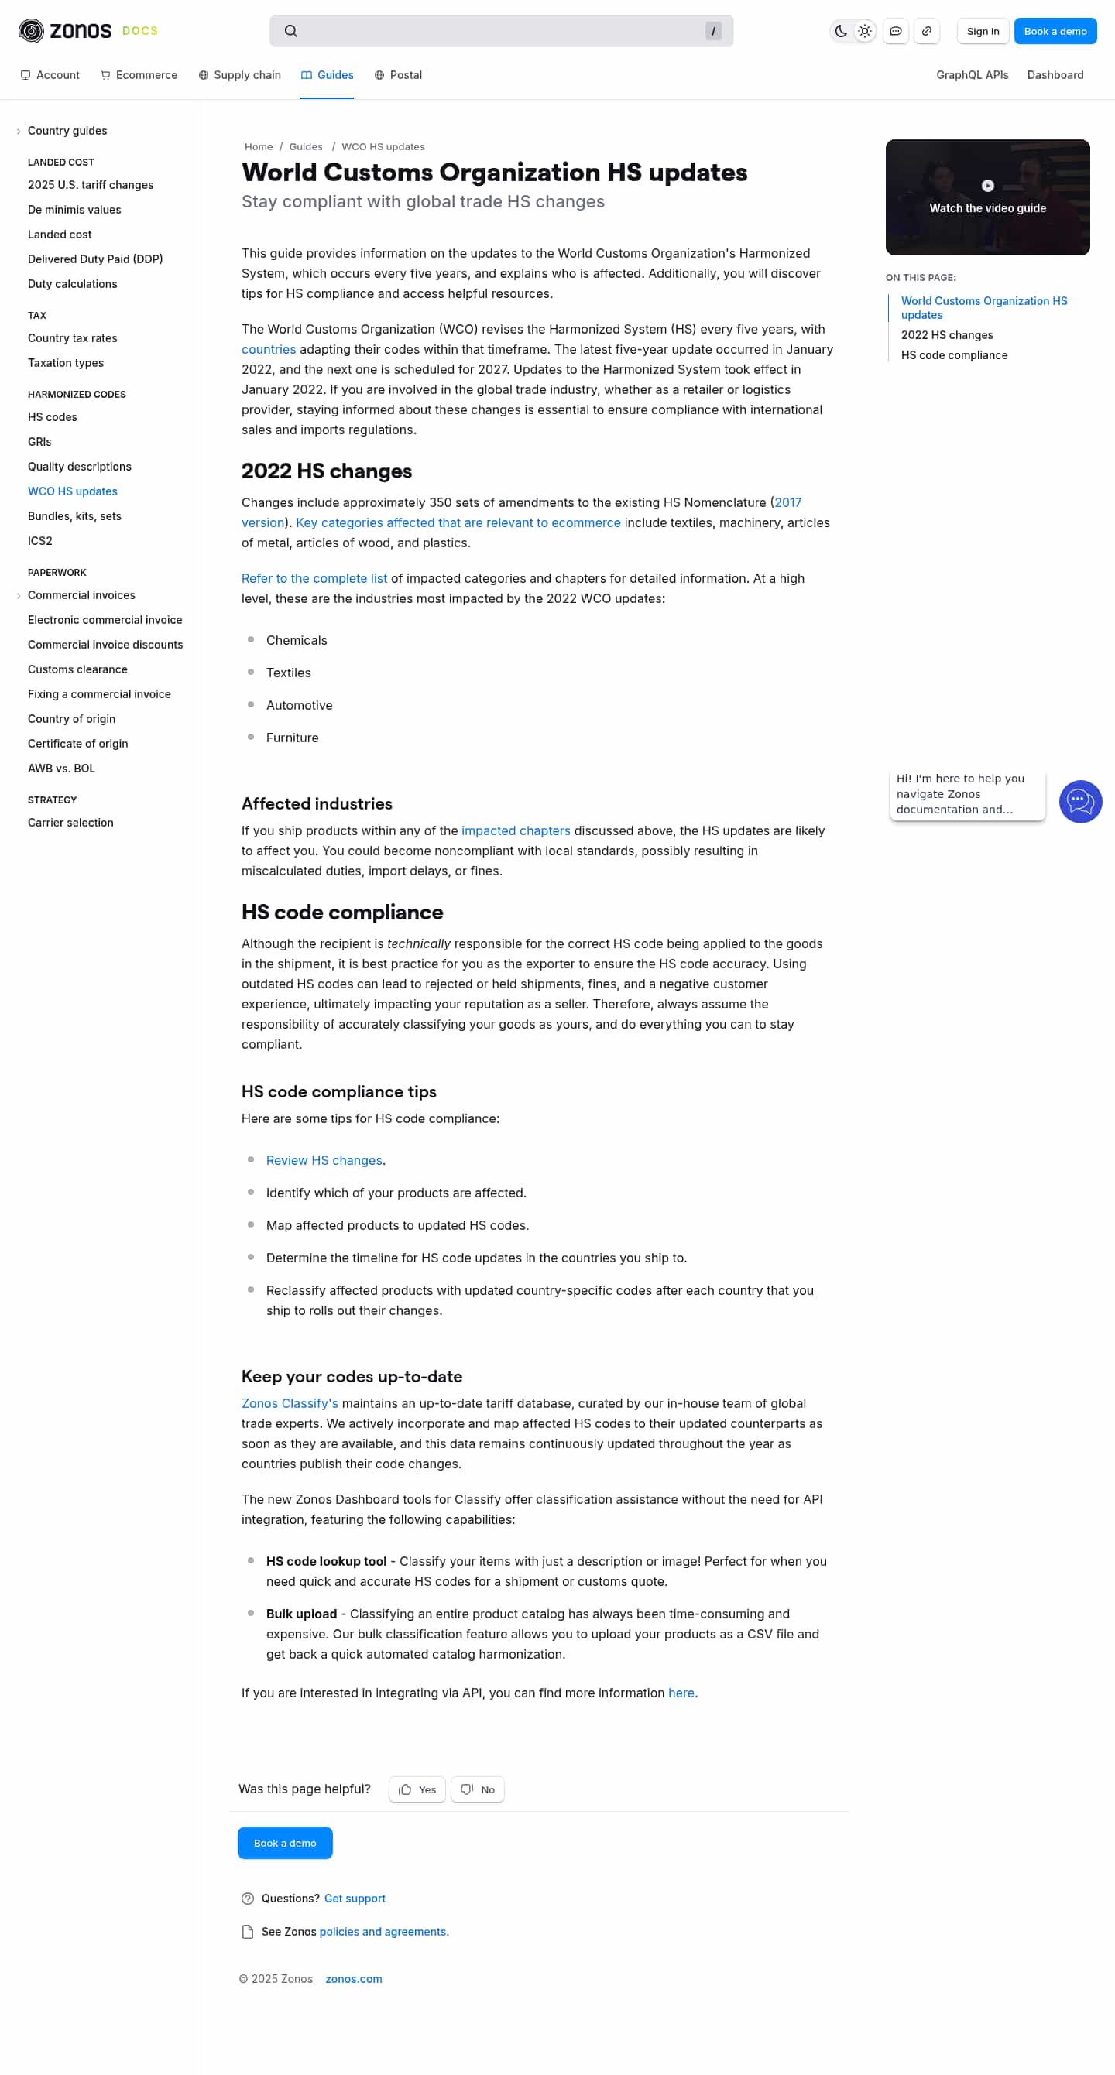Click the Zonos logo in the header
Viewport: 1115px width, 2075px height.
coord(65,32)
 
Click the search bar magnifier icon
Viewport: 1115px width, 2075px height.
coord(291,32)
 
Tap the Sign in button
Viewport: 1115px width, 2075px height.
coord(982,32)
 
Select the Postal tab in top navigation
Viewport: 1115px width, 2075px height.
coord(398,75)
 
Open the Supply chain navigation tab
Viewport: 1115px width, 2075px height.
coord(239,75)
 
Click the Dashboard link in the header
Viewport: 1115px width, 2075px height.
coord(1055,75)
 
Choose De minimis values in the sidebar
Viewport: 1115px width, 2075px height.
coord(74,210)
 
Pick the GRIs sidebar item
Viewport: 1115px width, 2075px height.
coord(39,441)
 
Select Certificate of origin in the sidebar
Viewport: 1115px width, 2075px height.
coord(77,744)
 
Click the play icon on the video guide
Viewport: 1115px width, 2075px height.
coord(987,186)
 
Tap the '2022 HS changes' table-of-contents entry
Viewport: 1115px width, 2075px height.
coord(947,335)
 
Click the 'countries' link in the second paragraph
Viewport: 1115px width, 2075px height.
coord(268,350)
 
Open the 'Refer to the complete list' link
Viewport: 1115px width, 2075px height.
coord(314,578)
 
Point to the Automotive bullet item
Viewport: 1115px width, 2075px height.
coord(299,705)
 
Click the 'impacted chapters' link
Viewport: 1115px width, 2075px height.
coord(516,830)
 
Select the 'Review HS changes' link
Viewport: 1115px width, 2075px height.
coord(324,1160)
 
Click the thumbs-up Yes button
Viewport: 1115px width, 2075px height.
coord(417,1789)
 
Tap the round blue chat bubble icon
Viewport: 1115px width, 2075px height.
coord(1079,802)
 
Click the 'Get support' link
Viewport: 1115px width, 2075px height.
coord(355,1899)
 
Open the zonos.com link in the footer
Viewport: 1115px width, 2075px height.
coord(354,1979)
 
